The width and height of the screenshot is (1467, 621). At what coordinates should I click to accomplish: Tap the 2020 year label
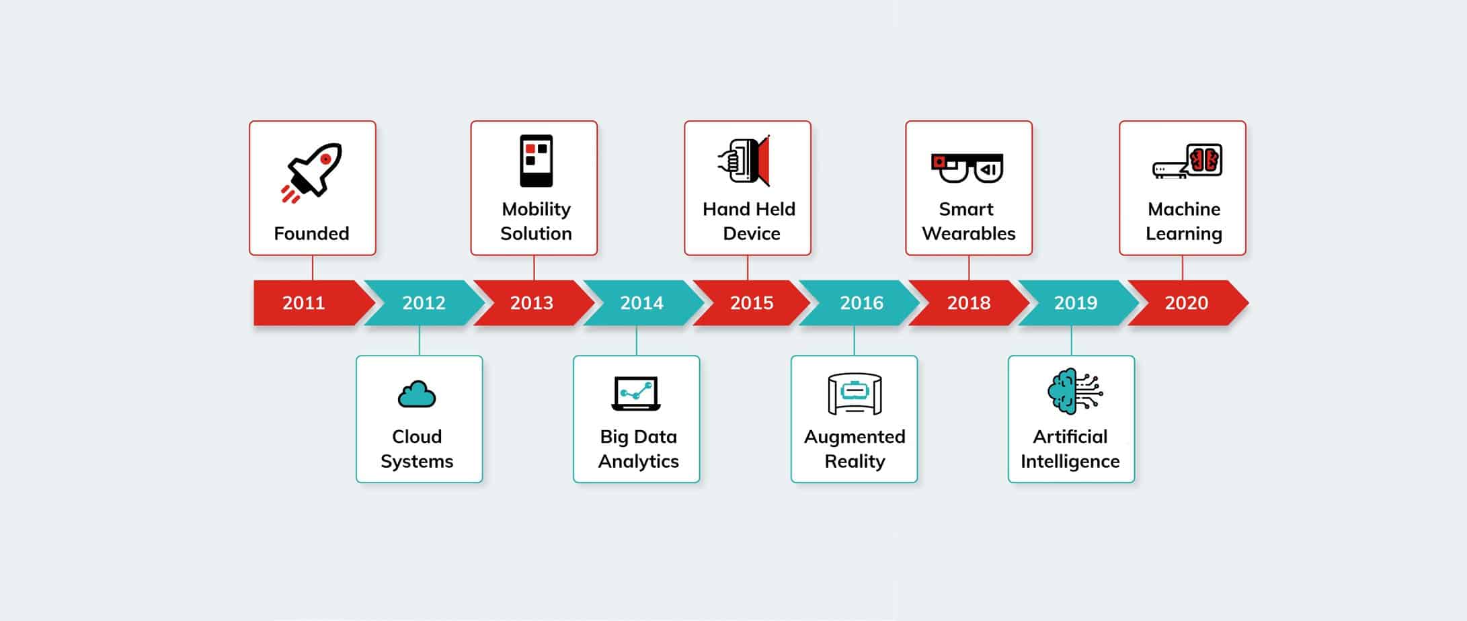(1186, 303)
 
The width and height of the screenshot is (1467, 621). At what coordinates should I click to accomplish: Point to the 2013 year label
(531, 303)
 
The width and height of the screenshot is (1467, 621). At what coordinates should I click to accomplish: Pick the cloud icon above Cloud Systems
(417, 395)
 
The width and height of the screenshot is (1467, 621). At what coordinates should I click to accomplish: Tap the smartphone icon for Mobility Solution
(536, 161)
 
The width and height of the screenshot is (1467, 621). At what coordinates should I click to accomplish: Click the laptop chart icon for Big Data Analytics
(636, 393)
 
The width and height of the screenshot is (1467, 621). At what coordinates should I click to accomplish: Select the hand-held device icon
(744, 161)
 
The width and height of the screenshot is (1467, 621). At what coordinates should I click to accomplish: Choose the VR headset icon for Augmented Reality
(854, 394)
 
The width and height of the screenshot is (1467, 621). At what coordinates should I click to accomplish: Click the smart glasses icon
(967, 168)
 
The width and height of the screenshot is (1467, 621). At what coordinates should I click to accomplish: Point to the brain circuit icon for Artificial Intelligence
(1074, 391)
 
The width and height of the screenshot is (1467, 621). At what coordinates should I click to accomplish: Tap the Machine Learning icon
(1187, 161)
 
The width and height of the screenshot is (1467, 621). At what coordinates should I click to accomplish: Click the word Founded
(311, 234)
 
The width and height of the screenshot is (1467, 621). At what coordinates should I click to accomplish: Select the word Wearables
(969, 234)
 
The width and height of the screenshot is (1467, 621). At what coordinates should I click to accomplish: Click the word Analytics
(638, 462)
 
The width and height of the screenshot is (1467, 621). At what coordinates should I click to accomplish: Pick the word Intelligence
(1070, 462)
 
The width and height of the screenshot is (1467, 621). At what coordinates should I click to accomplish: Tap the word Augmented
(855, 438)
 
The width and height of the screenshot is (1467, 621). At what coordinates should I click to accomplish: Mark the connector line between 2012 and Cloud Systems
(420, 341)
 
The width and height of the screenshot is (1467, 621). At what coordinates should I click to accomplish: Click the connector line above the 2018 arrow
(969, 267)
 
